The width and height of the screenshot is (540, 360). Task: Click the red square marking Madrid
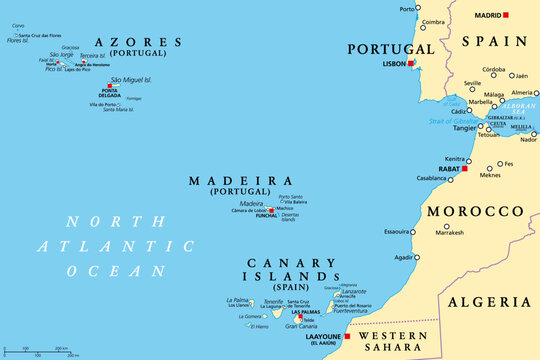(506, 15)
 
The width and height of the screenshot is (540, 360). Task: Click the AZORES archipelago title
(138, 42)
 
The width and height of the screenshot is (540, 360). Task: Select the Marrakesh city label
(449, 233)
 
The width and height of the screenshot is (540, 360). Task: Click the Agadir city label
(404, 257)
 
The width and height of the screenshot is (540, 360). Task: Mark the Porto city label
(406, 9)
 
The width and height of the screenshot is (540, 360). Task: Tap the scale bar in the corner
(41, 351)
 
